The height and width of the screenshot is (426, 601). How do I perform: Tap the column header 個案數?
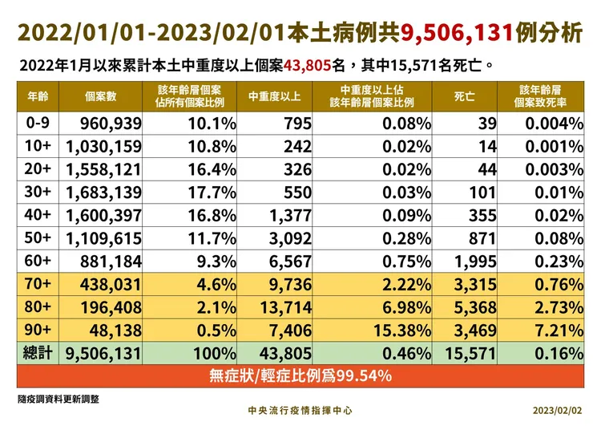point(101,97)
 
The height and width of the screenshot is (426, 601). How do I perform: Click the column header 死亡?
point(464,97)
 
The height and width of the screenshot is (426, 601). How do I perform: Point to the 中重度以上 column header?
point(274,97)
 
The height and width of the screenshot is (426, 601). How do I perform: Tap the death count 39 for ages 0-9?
point(486,124)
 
